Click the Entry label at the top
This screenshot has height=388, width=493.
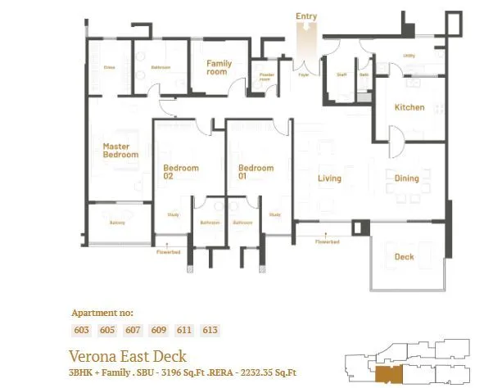coord(306,16)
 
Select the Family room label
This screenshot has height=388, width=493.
coord(218,67)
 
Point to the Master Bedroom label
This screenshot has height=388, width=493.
coord(120,151)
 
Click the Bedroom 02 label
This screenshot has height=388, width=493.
coord(180,172)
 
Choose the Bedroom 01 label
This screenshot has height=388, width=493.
coord(255,172)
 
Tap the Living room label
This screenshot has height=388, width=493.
coord(329,178)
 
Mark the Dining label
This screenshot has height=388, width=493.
coord(406,178)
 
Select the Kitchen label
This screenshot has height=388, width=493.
coord(409,107)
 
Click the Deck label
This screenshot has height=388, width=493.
coord(404,257)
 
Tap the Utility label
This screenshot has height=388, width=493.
coord(408,56)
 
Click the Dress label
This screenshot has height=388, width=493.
coord(109,67)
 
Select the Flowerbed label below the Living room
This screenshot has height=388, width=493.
coord(328,241)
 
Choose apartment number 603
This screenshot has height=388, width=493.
coord(83,329)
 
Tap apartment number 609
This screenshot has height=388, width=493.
coord(159,329)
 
